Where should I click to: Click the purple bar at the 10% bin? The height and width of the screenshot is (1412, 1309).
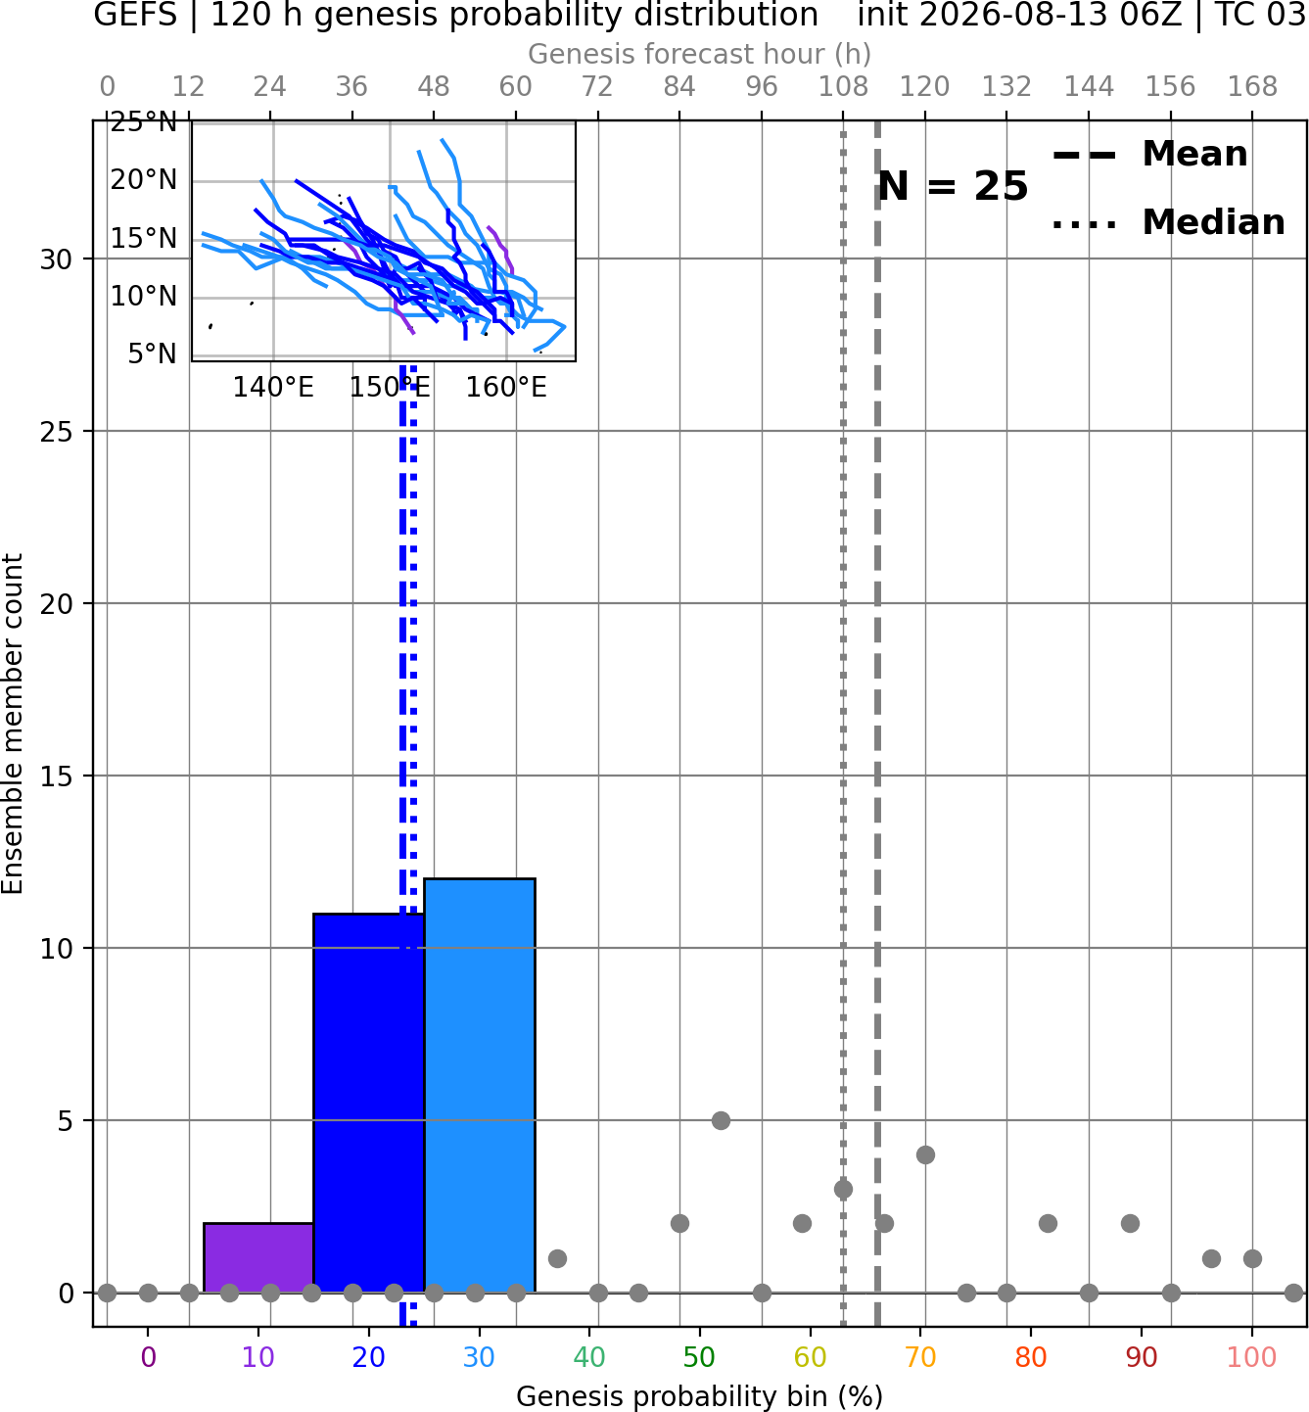[x=258, y=1257]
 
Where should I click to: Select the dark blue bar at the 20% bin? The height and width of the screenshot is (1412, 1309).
[x=369, y=1103]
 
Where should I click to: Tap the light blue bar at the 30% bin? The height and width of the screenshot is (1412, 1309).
[x=479, y=1086]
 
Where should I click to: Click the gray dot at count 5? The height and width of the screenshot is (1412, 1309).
[x=721, y=1120]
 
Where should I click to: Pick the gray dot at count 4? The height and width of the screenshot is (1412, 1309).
[x=925, y=1154]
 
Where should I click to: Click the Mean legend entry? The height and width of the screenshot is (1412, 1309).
[x=1149, y=155]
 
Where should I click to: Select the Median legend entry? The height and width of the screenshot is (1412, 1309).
[x=1168, y=222]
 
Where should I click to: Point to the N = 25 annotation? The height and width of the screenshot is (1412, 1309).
[x=953, y=186]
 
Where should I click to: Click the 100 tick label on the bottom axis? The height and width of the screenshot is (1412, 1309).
[x=1251, y=1357]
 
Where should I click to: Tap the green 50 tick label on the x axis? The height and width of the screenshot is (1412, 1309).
[x=699, y=1357]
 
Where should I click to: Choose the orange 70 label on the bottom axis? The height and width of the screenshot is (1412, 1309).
[x=920, y=1357]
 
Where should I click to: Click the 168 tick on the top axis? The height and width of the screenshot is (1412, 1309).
[x=1252, y=87]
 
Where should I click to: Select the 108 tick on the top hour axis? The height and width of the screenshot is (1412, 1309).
[x=843, y=87]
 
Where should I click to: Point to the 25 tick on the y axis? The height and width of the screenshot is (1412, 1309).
[x=57, y=432]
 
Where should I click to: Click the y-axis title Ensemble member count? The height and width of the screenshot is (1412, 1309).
[x=13, y=724]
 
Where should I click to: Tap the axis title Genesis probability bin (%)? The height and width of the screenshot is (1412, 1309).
[x=699, y=1396]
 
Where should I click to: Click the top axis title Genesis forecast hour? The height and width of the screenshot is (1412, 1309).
[x=699, y=54]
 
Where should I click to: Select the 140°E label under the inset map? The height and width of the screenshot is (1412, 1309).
[x=273, y=388]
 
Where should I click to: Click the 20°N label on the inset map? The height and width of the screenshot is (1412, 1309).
[x=144, y=180]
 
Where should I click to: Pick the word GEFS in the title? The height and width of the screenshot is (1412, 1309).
[x=135, y=15]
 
